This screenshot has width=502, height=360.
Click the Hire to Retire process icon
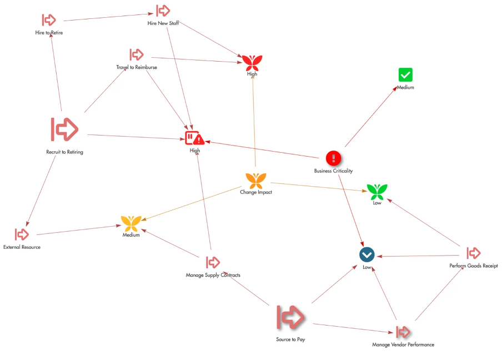49,20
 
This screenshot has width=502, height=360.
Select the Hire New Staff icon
163,11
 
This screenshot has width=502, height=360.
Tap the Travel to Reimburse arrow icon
137,54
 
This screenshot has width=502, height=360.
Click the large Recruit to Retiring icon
64,129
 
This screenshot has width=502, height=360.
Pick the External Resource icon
22,234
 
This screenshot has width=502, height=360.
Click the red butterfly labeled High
252,62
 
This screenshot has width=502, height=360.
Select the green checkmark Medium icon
405,74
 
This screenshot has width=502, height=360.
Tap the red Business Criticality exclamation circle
333,158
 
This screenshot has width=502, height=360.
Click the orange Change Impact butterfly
256,180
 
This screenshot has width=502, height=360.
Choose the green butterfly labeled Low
377,192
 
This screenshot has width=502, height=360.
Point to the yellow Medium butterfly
132,223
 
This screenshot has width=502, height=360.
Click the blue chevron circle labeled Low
367,255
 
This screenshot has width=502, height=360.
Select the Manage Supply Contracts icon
213,262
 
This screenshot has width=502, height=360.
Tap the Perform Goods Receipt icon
473,253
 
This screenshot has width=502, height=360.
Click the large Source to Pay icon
290,317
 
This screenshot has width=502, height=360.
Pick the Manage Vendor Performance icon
403,332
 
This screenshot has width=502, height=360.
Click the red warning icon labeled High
194,138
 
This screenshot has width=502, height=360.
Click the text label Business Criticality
333,171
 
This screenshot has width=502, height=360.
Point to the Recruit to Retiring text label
64,152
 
